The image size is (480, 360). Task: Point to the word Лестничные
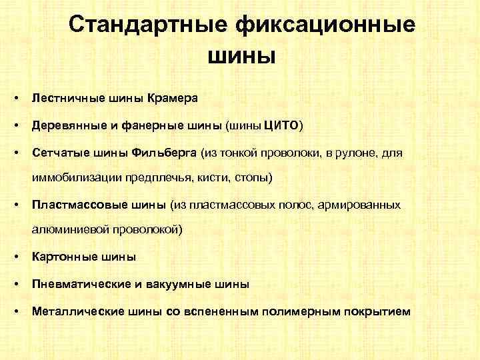point(65,98)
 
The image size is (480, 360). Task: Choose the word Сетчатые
point(59,154)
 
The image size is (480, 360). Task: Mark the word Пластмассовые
point(74,204)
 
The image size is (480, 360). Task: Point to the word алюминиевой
point(65,229)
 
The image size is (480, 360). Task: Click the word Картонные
point(61,256)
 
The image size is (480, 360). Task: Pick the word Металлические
point(71,311)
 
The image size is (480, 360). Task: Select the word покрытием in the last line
point(377,311)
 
